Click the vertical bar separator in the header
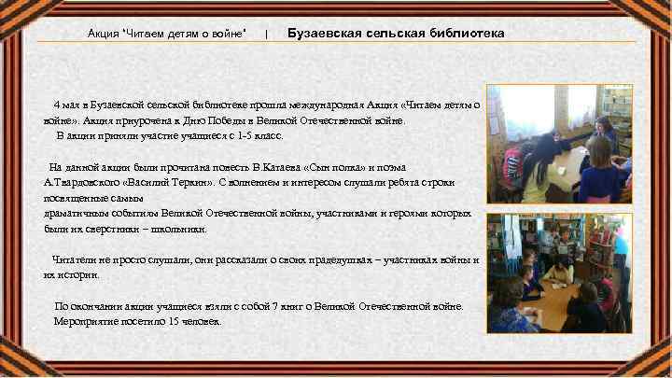click(267, 34)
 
